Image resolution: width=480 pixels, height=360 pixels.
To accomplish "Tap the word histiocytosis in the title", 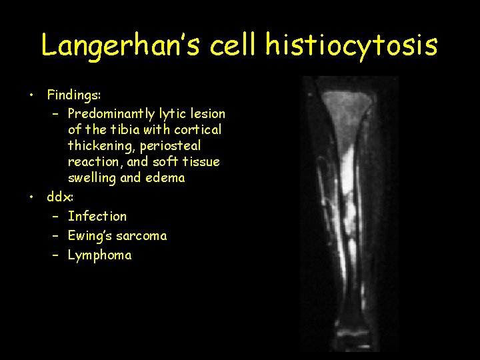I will [x=351, y=45].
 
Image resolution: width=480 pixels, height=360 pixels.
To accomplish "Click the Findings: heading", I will [x=74, y=97].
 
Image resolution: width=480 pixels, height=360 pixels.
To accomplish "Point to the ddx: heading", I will [x=60, y=197].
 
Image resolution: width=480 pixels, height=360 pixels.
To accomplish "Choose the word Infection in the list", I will [x=97, y=216].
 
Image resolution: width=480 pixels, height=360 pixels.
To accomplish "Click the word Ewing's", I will [x=91, y=235].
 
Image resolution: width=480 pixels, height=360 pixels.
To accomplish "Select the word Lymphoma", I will [x=99, y=255].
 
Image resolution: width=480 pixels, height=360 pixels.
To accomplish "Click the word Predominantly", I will [x=111, y=114].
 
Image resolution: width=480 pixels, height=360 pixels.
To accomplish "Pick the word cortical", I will [x=197, y=130].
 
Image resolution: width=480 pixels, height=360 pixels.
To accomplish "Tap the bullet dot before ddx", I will [x=31, y=197].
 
